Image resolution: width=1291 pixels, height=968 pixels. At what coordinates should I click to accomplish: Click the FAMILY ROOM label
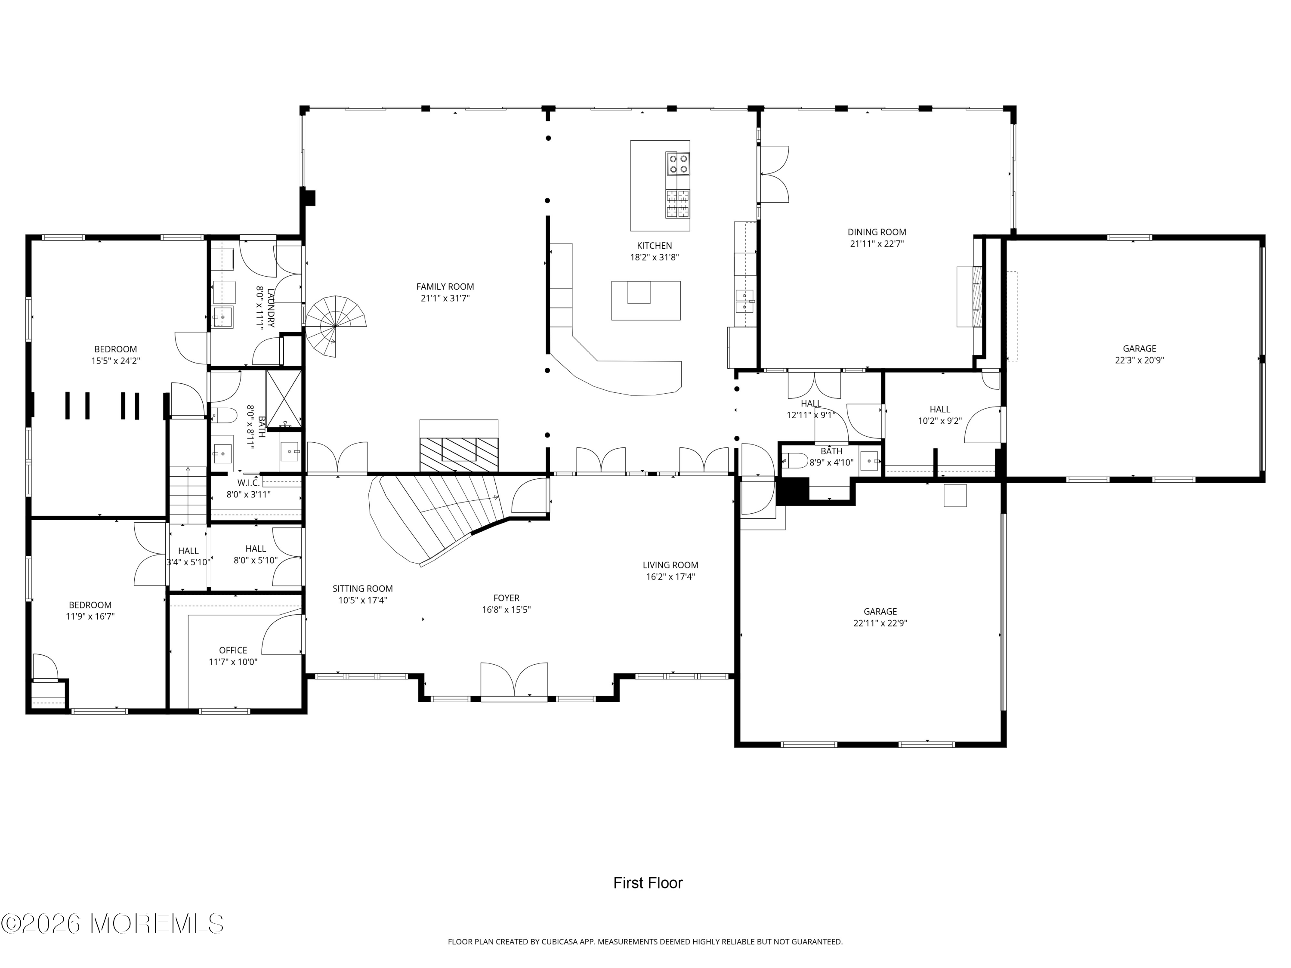[x=445, y=287]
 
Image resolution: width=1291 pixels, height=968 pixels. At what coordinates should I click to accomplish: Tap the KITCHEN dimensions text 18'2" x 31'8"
[x=654, y=257]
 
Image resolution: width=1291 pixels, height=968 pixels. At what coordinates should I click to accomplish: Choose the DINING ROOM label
[x=877, y=232]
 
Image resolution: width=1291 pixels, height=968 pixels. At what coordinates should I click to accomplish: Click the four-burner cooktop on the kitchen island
[x=678, y=164]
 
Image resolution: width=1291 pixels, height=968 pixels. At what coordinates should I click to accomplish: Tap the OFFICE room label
[x=233, y=650]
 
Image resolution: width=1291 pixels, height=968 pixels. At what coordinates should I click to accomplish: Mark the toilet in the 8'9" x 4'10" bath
[x=794, y=461]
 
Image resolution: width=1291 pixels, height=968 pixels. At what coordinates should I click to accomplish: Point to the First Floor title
[x=647, y=883]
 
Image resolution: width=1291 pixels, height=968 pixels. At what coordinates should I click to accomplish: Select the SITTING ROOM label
[x=362, y=589]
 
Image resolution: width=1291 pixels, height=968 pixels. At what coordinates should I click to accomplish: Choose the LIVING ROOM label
[x=670, y=565]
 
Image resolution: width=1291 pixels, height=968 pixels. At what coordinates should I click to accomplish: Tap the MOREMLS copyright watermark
[x=112, y=924]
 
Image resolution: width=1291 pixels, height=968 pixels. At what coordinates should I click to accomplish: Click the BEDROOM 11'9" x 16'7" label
[x=90, y=605]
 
